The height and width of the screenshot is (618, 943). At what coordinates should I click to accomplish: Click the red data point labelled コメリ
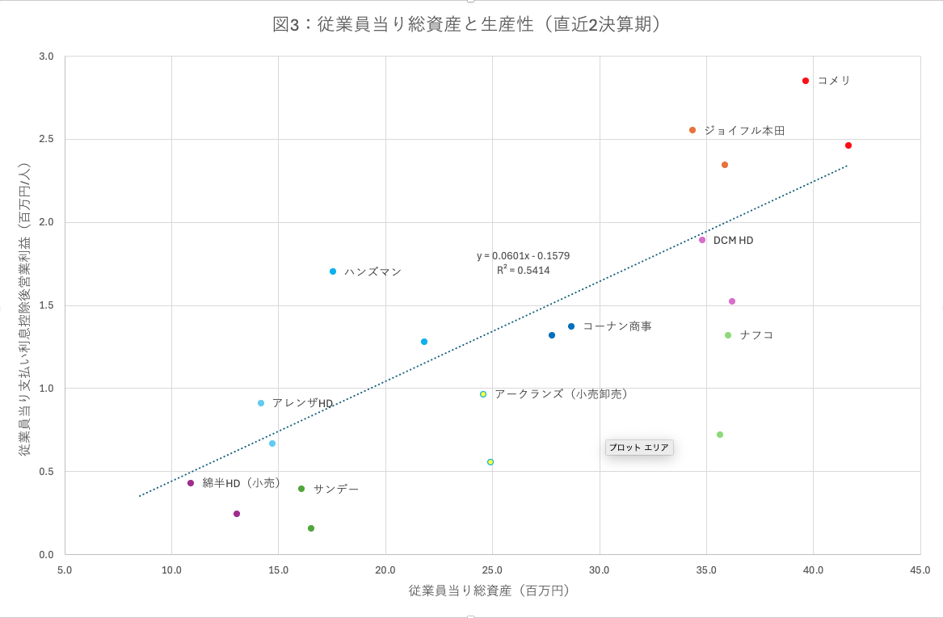[x=806, y=81]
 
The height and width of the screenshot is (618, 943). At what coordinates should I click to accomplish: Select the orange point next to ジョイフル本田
[x=693, y=130]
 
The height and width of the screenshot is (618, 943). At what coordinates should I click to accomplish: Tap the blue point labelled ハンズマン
[x=333, y=271]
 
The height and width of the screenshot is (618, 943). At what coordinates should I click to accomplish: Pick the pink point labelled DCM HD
[x=702, y=240]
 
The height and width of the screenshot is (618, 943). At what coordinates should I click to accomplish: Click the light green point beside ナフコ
[x=728, y=335]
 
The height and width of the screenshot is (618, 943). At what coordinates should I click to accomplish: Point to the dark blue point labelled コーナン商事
[x=571, y=326]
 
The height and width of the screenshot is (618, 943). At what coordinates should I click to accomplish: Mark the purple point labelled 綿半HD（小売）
[x=191, y=483]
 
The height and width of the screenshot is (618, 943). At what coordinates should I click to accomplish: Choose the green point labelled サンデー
[x=301, y=489]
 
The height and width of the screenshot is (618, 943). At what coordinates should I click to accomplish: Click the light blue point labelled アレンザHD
[x=261, y=403]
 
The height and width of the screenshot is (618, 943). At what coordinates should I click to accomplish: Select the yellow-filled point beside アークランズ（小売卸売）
[x=483, y=394]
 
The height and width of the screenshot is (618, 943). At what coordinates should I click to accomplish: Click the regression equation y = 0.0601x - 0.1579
[x=523, y=256]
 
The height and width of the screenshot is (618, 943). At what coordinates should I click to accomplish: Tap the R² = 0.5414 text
[x=523, y=271]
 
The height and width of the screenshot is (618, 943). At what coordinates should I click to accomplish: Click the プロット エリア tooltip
[x=638, y=448]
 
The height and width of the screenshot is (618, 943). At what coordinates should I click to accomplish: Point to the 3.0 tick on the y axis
[x=46, y=57]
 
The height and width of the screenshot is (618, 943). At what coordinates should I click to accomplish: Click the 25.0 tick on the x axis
[x=492, y=570]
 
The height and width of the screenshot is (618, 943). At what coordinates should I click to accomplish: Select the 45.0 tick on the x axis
[x=920, y=570]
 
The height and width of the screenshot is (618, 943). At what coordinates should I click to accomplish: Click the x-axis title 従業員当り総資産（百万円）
[x=490, y=591]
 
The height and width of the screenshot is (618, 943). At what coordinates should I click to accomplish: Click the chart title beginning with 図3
[x=471, y=24]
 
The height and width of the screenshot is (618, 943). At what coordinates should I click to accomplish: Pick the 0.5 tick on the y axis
[x=46, y=472]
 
